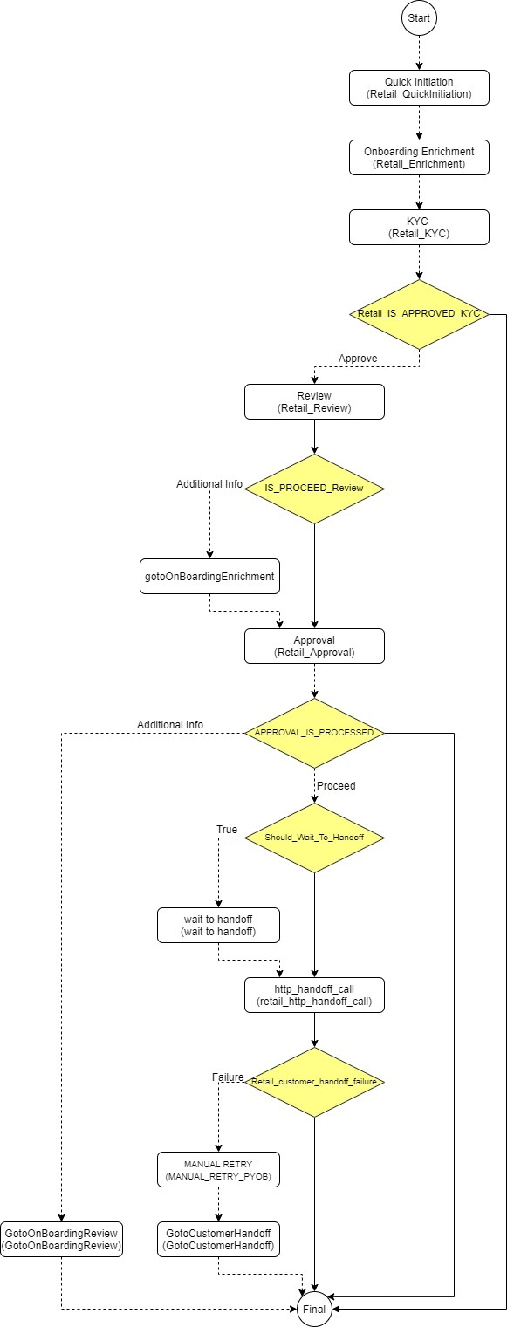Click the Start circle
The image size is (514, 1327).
(x=419, y=17)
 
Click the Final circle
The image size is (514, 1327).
(x=314, y=1309)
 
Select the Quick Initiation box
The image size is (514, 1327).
(x=419, y=87)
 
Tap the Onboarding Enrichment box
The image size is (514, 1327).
(x=419, y=157)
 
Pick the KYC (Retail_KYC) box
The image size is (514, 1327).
(x=419, y=227)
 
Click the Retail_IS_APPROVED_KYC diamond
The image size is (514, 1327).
(x=419, y=313)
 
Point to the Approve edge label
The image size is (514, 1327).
(x=358, y=359)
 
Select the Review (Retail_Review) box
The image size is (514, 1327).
(x=314, y=401)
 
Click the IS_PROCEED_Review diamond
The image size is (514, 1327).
(x=314, y=489)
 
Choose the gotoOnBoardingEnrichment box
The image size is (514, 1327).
(x=209, y=576)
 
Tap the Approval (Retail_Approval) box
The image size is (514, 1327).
(x=314, y=646)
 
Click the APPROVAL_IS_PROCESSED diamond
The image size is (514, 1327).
(x=314, y=733)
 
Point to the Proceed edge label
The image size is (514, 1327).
(x=336, y=785)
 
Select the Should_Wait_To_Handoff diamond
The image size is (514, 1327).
(x=314, y=838)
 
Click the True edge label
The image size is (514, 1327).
(x=227, y=829)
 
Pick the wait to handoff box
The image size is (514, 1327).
(x=218, y=925)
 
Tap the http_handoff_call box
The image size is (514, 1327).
(x=314, y=995)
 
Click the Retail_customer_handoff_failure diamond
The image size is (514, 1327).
(x=314, y=1082)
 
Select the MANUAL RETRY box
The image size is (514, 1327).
(x=218, y=1169)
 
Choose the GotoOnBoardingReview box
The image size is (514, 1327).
(x=61, y=1239)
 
